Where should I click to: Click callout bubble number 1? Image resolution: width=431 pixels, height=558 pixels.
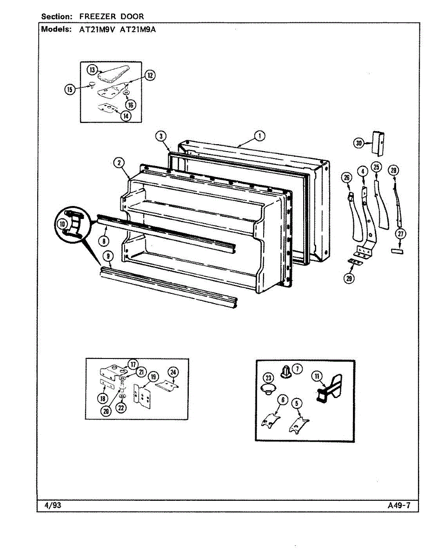(x=259, y=136)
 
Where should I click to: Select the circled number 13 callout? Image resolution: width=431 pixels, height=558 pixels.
(x=92, y=70)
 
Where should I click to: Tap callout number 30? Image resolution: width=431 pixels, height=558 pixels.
(x=358, y=144)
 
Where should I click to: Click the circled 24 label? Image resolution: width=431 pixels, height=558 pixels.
(x=173, y=372)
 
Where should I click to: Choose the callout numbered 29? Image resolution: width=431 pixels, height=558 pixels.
(x=348, y=279)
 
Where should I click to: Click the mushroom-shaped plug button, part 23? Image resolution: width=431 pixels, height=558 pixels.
(x=268, y=389)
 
